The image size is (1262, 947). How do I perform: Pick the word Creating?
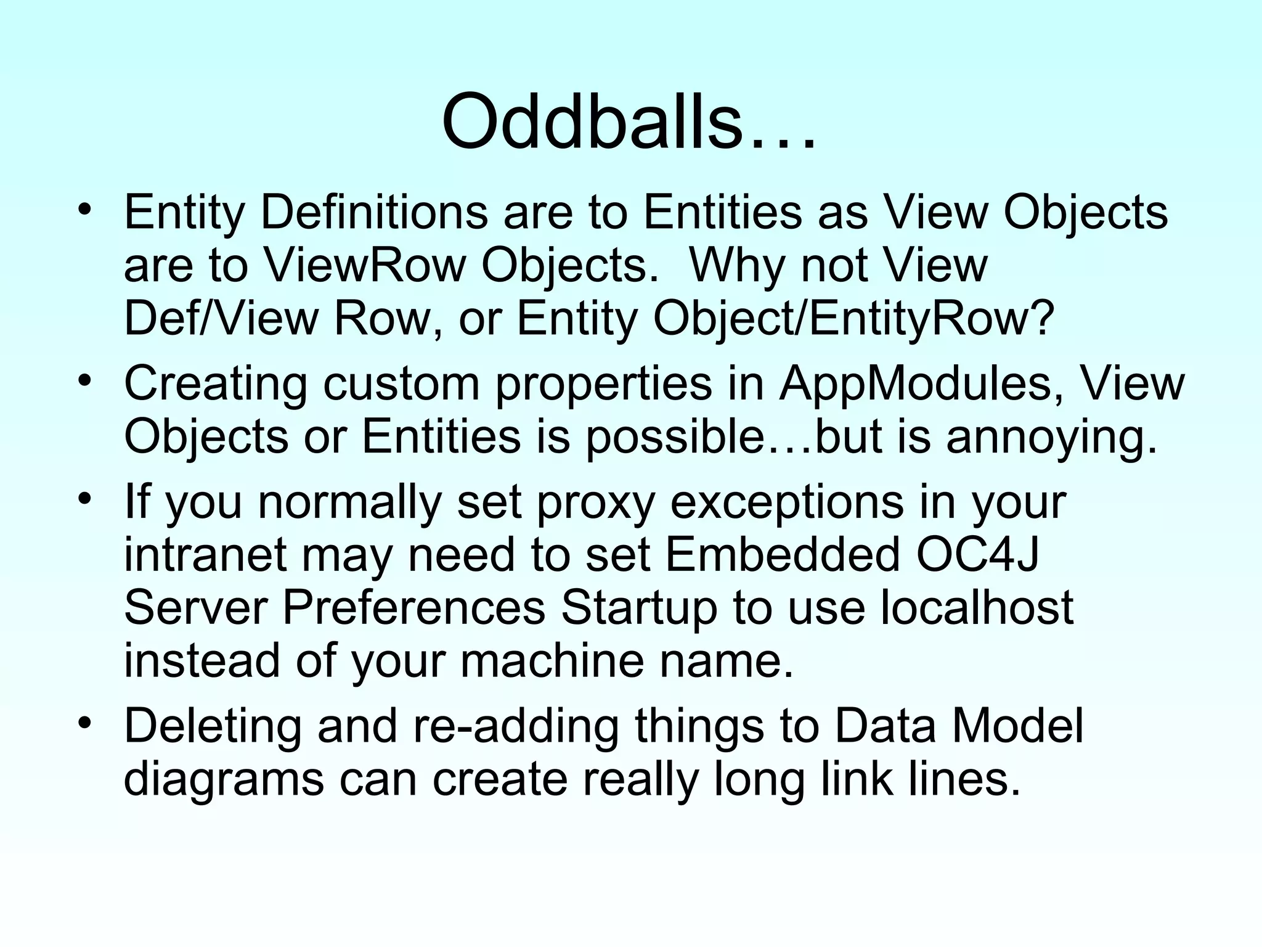pyautogui.click(x=215, y=383)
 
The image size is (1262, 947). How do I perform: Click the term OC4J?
pyautogui.click(x=977, y=554)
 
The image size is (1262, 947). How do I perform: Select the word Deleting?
pyautogui.click(x=213, y=726)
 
